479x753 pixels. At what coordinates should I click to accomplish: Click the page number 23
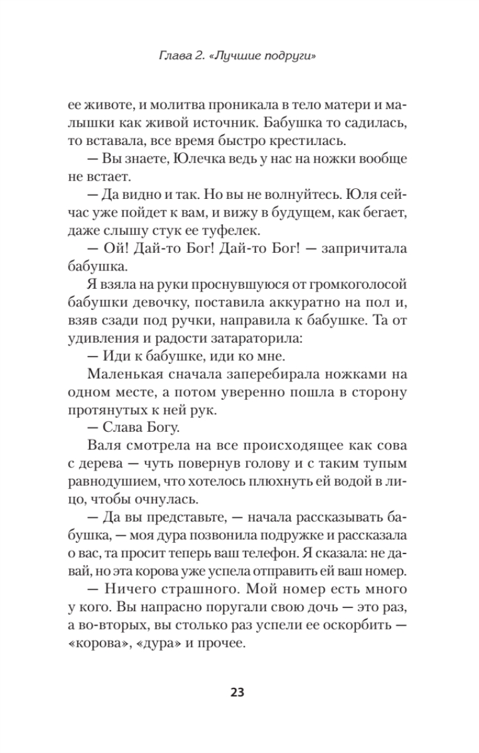click(x=239, y=692)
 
